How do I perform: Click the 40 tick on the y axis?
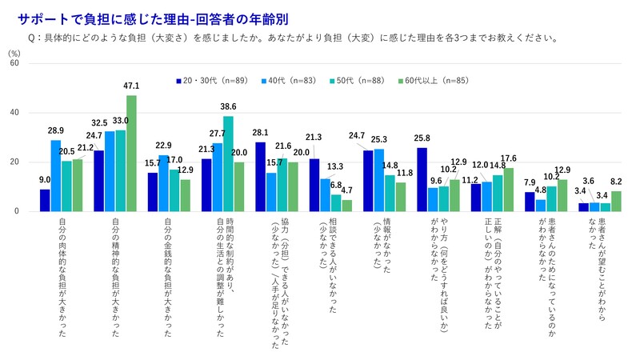(x=14, y=112)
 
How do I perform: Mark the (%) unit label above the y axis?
(x=14, y=51)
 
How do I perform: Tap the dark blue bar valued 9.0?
(x=45, y=200)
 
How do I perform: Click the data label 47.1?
(x=132, y=86)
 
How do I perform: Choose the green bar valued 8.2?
(x=616, y=202)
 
